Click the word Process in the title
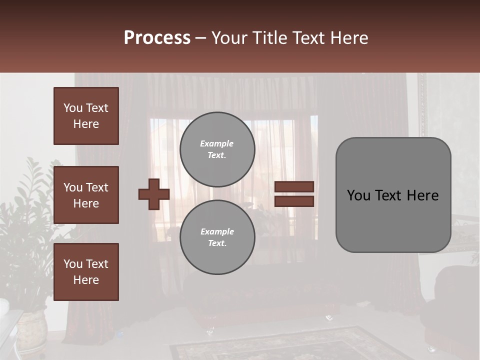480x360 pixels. pyautogui.click(x=157, y=38)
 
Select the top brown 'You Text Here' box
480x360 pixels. pyautogui.click(x=86, y=116)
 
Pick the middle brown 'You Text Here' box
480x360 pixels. pyautogui.click(x=86, y=195)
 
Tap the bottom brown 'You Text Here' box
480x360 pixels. pyautogui.click(x=86, y=271)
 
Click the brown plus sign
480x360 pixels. pyautogui.click(x=154, y=194)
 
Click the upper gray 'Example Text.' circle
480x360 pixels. pyautogui.click(x=217, y=149)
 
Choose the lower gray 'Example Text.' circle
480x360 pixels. pyautogui.click(x=217, y=237)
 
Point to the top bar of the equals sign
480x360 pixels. pyautogui.click(x=294, y=187)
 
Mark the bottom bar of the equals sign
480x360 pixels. pyautogui.click(x=294, y=201)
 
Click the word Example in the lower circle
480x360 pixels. pyautogui.click(x=217, y=231)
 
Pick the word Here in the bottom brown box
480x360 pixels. pyautogui.click(x=86, y=280)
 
